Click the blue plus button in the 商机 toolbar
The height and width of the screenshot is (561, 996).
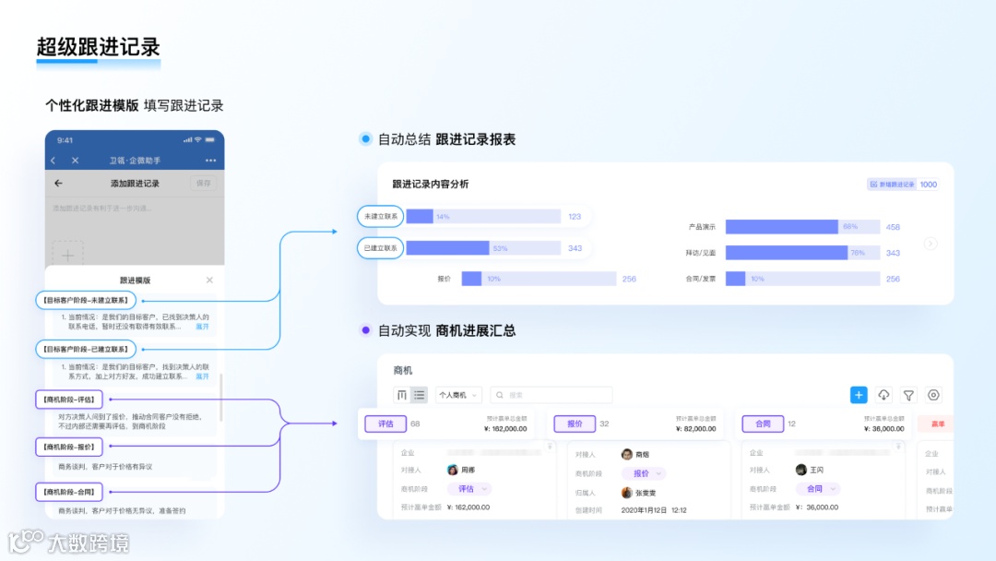coord(859,395)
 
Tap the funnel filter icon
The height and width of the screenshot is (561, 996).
coord(908,395)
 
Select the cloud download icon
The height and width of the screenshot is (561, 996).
coord(883,395)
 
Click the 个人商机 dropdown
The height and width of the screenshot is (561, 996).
coord(458,395)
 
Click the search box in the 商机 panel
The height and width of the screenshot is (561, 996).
coord(551,395)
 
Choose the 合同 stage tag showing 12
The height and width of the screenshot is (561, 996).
coord(763,424)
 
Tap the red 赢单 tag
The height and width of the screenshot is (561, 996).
coord(937,424)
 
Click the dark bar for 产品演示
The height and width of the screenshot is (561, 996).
coord(781,227)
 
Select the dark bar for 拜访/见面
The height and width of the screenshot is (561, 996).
coord(786,253)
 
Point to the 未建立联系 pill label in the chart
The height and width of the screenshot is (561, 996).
coord(380,217)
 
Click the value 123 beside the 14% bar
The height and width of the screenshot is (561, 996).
coord(575,217)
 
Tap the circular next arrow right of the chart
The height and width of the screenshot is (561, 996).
coord(931,244)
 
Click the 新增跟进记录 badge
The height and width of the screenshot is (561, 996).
coord(892,185)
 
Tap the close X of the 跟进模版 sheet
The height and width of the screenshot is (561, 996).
coord(209,280)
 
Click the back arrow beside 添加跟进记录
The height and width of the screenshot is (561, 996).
coord(59,184)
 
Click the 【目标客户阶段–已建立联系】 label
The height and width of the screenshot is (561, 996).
coord(86,350)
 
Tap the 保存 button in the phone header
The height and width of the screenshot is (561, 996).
coord(204,184)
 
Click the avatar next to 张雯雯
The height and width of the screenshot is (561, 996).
coord(627,493)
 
